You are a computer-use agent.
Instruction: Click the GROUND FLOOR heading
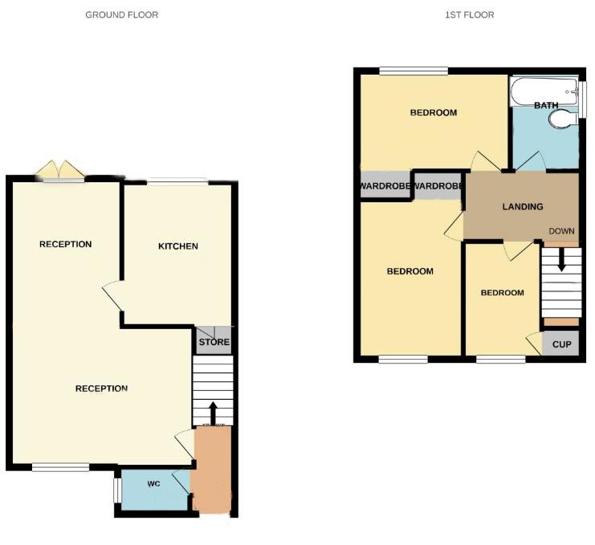[122, 14]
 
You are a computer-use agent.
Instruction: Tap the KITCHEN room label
[177, 246]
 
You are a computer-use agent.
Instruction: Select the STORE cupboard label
[214, 343]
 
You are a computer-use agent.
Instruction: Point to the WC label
[154, 485]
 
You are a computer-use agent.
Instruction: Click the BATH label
[546, 105]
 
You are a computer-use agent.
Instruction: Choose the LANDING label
[523, 207]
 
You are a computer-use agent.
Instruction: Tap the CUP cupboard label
[561, 344]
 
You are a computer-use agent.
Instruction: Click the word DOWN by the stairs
[562, 232]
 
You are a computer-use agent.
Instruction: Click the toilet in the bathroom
[559, 120]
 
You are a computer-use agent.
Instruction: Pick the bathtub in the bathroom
[543, 90]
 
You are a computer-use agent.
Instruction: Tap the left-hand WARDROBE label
[385, 187]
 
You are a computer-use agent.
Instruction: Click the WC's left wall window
[116, 489]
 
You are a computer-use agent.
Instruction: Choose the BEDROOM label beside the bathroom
[434, 113]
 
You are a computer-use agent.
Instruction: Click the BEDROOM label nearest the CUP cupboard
[502, 293]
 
